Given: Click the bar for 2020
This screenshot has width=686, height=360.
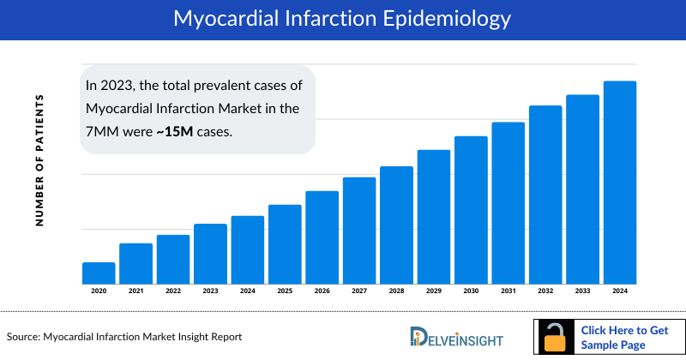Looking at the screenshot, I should [x=99, y=273].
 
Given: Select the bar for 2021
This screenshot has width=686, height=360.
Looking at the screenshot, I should [x=135, y=264].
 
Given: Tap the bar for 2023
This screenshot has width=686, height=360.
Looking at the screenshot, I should [x=210, y=254].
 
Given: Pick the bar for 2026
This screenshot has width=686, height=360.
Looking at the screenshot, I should [x=322, y=237].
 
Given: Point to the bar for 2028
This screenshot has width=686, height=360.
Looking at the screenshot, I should [x=396, y=225].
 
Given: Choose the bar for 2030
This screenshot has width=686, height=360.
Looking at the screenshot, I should [x=471, y=210].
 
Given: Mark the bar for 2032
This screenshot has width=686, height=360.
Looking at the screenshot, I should [x=545, y=195].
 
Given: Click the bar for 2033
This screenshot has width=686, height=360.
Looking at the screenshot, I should [x=582, y=189].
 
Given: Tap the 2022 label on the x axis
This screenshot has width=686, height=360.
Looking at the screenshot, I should [x=173, y=291].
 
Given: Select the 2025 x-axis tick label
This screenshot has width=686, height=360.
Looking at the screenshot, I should [x=285, y=291].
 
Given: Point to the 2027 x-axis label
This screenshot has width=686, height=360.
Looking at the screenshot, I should [x=359, y=291].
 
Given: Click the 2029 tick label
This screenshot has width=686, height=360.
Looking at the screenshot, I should [x=434, y=291].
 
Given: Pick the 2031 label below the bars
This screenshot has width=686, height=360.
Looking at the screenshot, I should [x=508, y=291].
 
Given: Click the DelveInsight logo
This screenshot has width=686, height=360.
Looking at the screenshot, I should [x=456, y=337].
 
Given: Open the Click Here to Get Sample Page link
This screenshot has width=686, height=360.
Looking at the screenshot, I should [x=623, y=337].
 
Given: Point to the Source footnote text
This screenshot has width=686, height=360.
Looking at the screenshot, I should [x=124, y=337].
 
